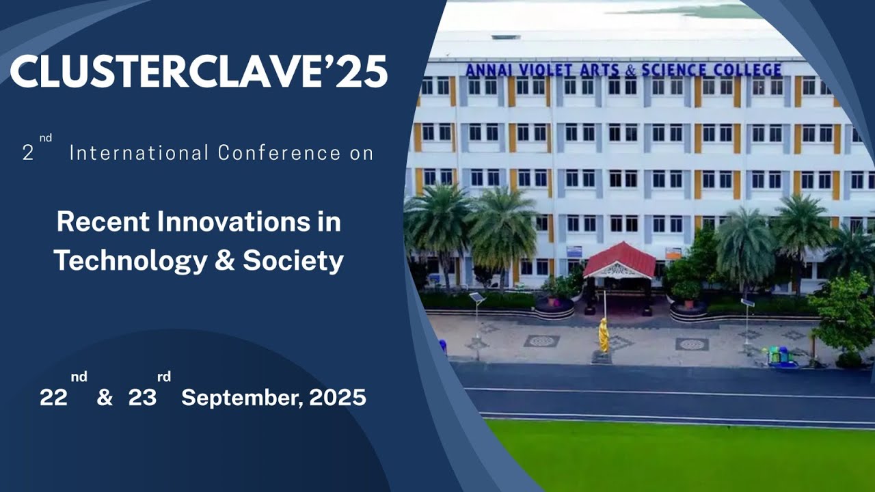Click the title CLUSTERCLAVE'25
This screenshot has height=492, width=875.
(198, 71)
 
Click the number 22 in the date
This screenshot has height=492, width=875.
(53, 398)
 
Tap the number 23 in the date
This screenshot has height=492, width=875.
(142, 398)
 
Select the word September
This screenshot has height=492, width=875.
(241, 398)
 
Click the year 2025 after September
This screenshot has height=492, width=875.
(337, 398)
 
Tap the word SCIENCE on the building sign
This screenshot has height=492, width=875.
(673, 70)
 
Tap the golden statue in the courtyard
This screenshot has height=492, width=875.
(604, 335)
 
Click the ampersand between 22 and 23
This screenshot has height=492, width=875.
(105, 398)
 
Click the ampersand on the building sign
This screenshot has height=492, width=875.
(628, 70)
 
